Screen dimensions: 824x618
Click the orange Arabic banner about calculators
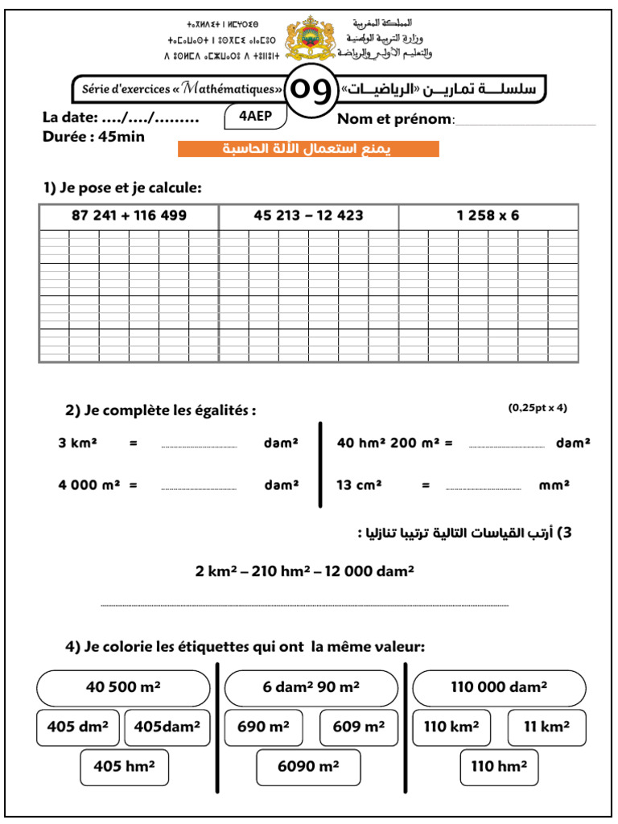[x=308, y=149]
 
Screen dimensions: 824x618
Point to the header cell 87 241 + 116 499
[x=129, y=216]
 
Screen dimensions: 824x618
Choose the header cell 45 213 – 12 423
[x=308, y=216]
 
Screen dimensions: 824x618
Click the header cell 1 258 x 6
[x=488, y=216]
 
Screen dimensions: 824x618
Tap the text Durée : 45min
[x=93, y=137]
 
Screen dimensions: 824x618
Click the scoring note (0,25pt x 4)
[x=538, y=407]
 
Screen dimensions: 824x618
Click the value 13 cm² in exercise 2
[x=359, y=485]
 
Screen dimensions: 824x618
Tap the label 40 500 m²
[x=123, y=687]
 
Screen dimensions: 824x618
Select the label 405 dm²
[x=78, y=727]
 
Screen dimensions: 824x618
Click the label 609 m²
[x=358, y=727]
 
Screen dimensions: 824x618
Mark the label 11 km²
[x=546, y=727]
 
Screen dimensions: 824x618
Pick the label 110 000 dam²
[x=499, y=687]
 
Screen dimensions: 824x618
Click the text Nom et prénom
[x=396, y=120]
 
